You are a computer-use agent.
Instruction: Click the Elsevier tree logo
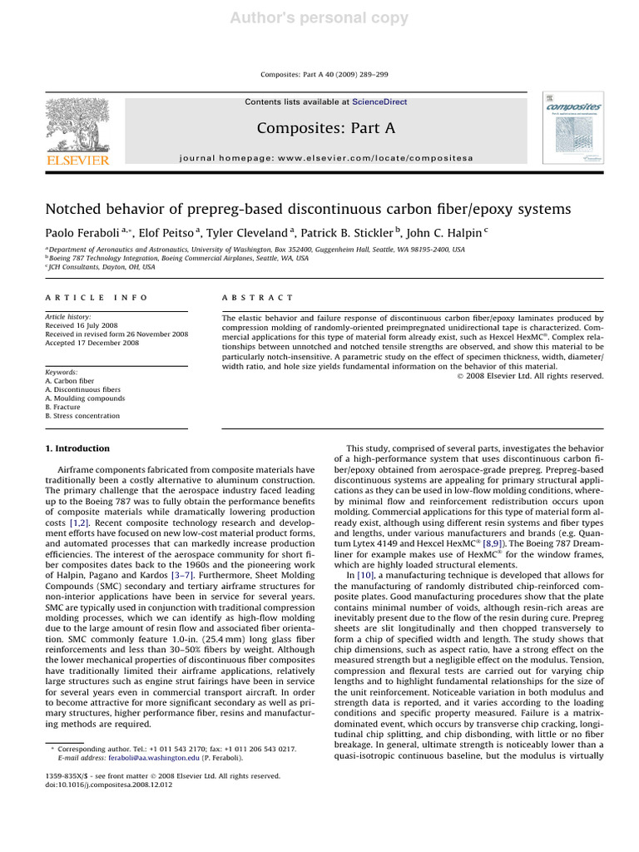[x=77, y=129]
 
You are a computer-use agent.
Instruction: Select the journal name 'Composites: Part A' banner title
[x=326, y=127]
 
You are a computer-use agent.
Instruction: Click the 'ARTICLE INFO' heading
[x=96, y=297]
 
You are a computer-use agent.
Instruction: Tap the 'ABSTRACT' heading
[x=258, y=297]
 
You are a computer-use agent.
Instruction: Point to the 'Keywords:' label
[x=62, y=372]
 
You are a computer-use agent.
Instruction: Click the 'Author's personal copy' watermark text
[x=319, y=17]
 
